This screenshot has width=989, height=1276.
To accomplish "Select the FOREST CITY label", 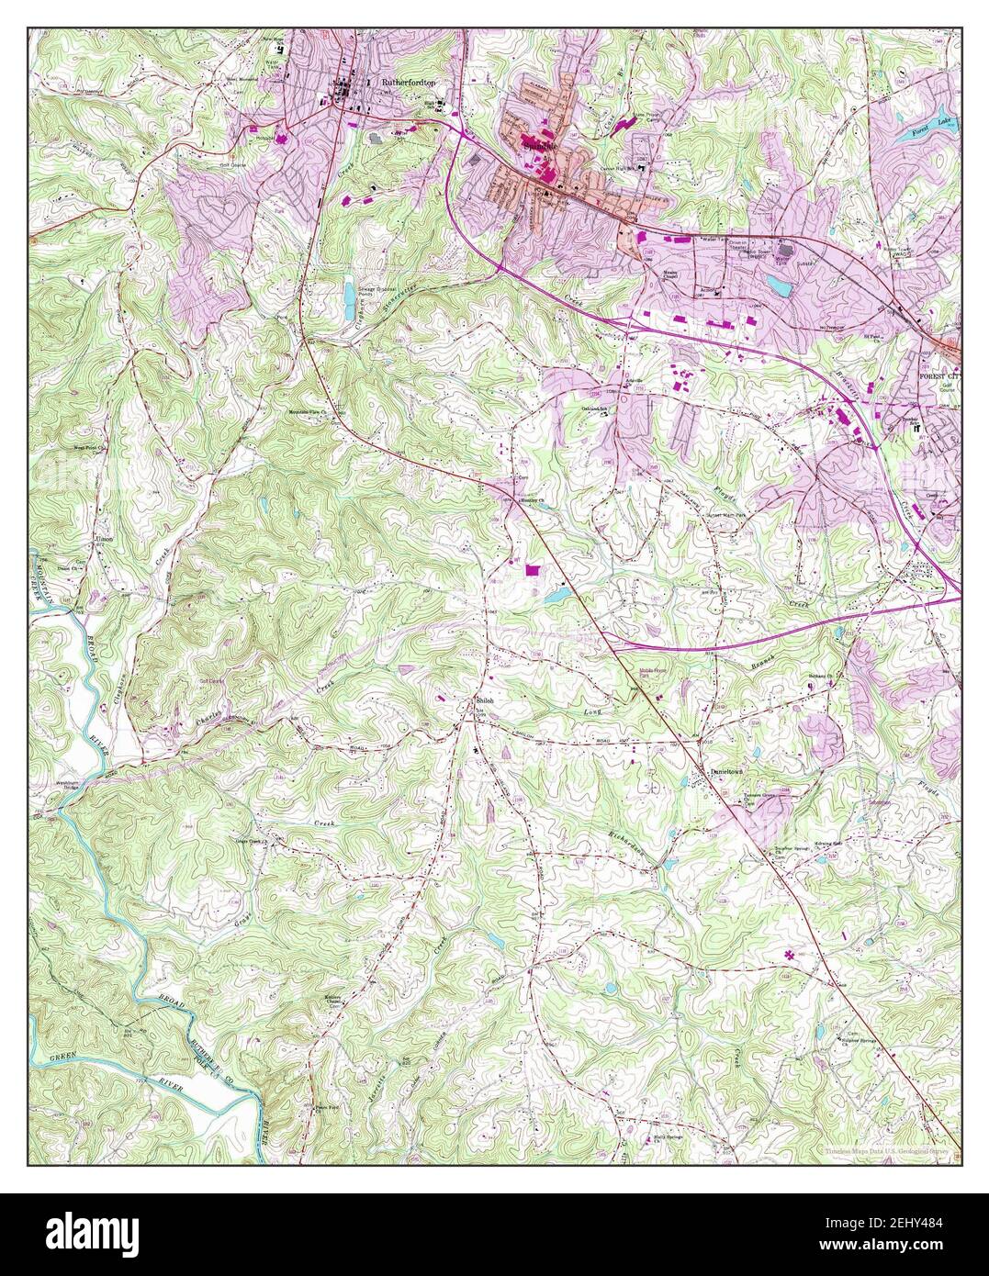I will pyautogui.click(x=938, y=376).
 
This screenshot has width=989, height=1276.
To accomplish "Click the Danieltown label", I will pyautogui.click(x=733, y=772).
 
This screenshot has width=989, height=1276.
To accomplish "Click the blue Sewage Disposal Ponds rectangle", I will pyautogui.click(x=351, y=296).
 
